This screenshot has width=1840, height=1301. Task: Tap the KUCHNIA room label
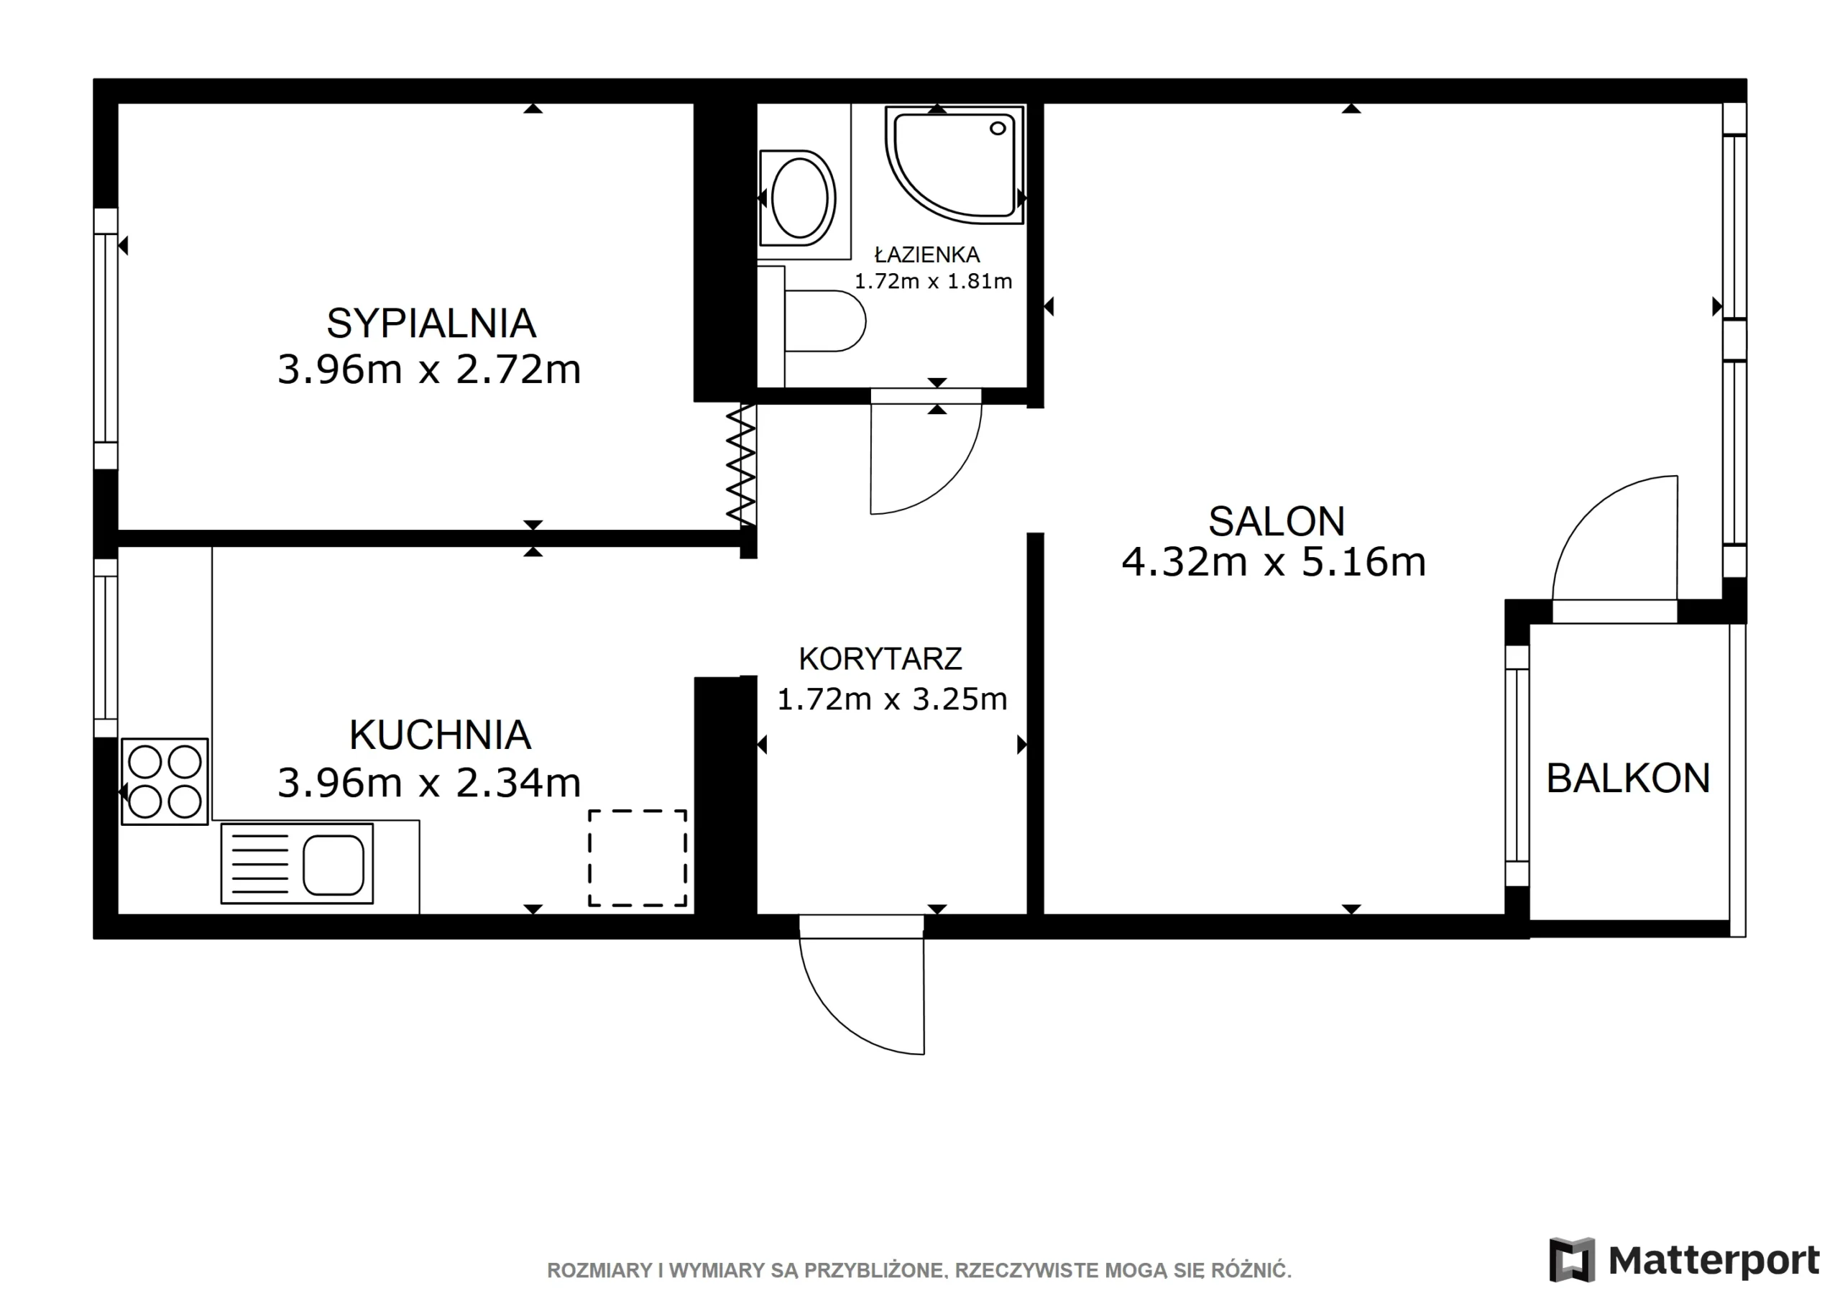(440, 735)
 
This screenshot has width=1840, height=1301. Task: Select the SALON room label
(1276, 521)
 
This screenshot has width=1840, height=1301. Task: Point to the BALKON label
(1628, 778)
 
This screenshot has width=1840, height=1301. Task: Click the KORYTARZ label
(880, 659)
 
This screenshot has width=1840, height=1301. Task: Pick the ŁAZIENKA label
(927, 254)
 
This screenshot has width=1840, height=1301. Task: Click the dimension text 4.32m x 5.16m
(1274, 562)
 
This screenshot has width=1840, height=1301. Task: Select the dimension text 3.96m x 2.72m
(429, 369)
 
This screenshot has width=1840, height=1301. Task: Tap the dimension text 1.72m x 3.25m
(892, 699)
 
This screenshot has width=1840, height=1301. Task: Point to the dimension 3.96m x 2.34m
(429, 782)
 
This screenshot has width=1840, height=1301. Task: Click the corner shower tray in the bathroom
(954, 165)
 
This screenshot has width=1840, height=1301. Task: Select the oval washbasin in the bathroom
(799, 197)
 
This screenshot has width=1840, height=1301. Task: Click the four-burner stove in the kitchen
(165, 781)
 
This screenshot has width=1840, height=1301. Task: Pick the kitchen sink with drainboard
(298, 864)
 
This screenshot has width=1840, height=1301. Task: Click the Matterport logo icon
(1571, 1259)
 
